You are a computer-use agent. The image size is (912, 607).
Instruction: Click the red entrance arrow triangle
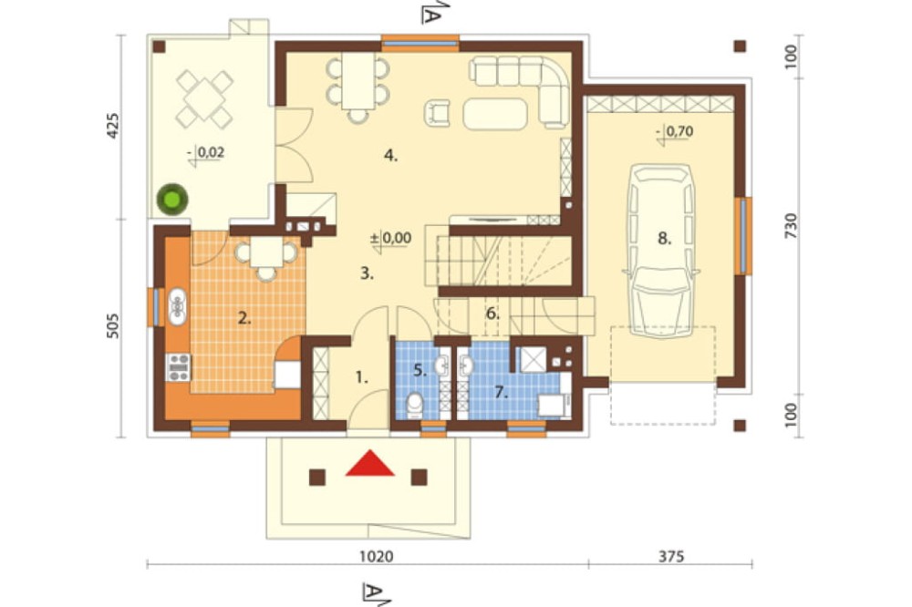click(370, 463)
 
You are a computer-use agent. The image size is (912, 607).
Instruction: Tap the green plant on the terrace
click(172, 200)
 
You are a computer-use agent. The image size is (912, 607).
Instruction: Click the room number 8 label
click(664, 238)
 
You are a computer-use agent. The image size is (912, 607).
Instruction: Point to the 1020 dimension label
click(377, 556)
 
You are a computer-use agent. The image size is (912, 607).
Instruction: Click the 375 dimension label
click(671, 556)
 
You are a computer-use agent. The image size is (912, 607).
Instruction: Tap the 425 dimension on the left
click(113, 125)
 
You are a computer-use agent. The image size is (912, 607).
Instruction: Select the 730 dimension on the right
click(790, 225)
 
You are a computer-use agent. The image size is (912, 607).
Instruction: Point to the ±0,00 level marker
click(391, 239)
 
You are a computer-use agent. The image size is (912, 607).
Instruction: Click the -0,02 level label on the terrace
click(206, 153)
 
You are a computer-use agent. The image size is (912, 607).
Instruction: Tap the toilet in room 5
click(415, 404)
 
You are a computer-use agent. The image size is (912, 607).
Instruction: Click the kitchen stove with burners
click(178, 367)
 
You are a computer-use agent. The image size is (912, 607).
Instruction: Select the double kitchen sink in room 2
click(178, 307)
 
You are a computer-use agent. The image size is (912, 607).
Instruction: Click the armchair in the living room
click(437, 113)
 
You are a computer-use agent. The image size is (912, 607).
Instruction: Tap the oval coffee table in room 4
click(495, 113)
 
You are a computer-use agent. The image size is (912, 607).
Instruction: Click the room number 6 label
click(492, 314)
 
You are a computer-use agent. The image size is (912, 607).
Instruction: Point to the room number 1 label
click(362, 378)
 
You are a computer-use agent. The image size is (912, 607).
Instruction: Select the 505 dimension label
click(113, 325)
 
